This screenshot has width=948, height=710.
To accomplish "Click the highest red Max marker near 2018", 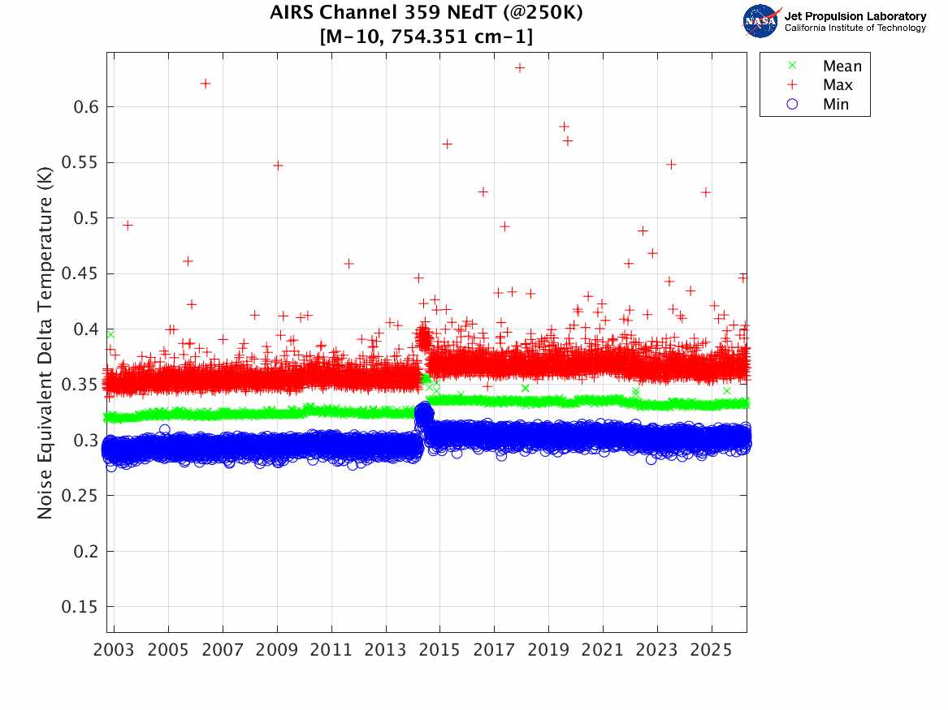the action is pyautogui.click(x=519, y=67).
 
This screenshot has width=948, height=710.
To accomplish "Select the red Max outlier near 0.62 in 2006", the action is pyautogui.click(x=205, y=84).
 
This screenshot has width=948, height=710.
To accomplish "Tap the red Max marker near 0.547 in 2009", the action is pyautogui.click(x=278, y=166).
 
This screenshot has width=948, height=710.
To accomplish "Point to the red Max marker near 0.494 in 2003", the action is pyautogui.click(x=128, y=226).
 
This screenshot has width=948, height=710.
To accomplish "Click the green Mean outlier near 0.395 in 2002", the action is pyautogui.click(x=110, y=334).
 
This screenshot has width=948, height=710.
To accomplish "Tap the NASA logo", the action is pyautogui.click(x=762, y=21).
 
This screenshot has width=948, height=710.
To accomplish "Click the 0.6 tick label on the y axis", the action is pyautogui.click(x=85, y=107).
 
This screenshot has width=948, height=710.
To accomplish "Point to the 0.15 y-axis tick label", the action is pyautogui.click(x=79, y=607).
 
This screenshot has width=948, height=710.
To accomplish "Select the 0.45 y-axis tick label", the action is pyautogui.click(x=79, y=273).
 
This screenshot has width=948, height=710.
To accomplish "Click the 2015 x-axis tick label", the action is pyautogui.click(x=439, y=650).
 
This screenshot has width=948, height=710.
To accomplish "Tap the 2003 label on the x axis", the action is pyautogui.click(x=114, y=650).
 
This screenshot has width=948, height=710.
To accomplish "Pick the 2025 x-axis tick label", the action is pyautogui.click(x=711, y=650).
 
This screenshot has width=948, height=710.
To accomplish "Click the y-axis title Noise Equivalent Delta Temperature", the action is pyautogui.click(x=45, y=343).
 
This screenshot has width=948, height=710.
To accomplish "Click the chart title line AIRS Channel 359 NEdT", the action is pyautogui.click(x=426, y=12).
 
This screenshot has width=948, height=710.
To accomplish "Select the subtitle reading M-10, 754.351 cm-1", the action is pyautogui.click(x=426, y=37).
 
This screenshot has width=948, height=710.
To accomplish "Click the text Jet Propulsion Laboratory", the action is pyautogui.click(x=855, y=16).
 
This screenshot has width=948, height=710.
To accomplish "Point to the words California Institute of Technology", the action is pyautogui.click(x=855, y=28).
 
